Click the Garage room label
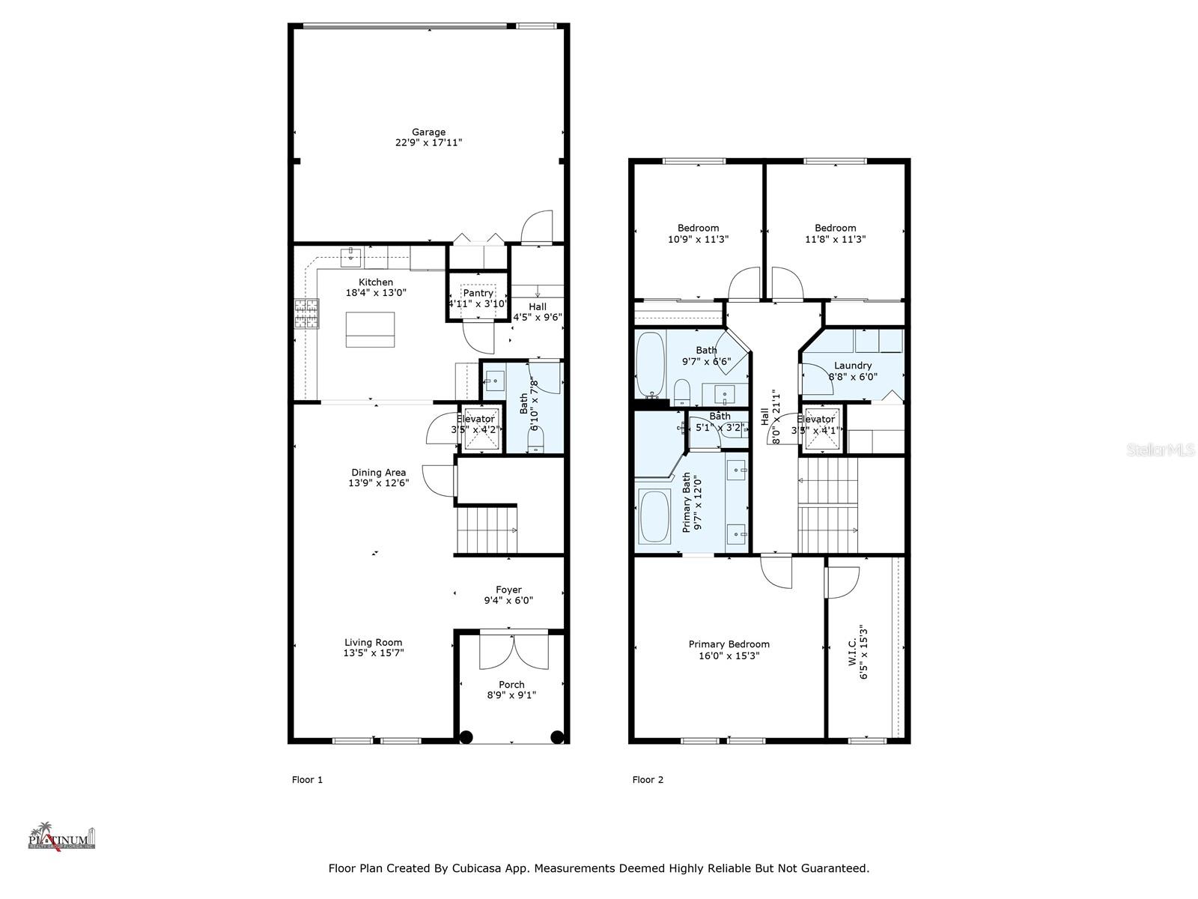point(428,132)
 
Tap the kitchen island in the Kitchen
point(370,330)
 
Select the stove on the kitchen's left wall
point(306,314)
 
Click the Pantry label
point(478,293)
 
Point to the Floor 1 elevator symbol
point(479,430)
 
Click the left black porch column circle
point(466,736)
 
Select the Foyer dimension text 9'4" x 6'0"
point(508,600)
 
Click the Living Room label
point(373,642)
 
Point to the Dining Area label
point(378,472)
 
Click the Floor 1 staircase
point(486,530)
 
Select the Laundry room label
point(852,366)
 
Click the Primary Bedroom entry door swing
point(776,572)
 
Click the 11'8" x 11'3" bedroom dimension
point(835,239)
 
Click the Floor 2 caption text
point(648,779)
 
